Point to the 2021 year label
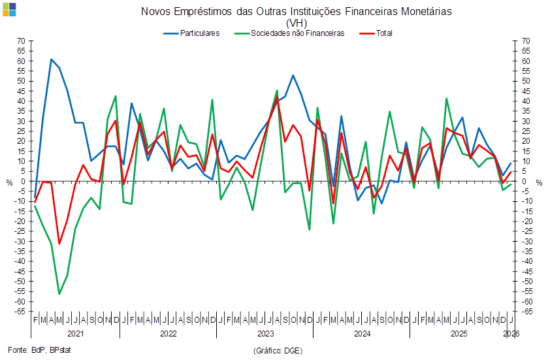[x=76, y=333]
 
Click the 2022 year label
[x=168, y=333]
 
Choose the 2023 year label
[x=265, y=333]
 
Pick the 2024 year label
[x=363, y=333]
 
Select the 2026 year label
[x=511, y=333]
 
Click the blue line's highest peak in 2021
[x=51, y=59]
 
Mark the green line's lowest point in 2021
[x=59, y=294]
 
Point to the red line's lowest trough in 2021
[x=59, y=244]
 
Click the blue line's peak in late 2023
[x=293, y=75]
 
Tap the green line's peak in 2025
[x=447, y=98]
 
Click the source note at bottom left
[x=39, y=351]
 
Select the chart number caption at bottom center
[x=277, y=351]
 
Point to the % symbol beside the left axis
[x=9, y=182]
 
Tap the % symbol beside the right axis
[x=539, y=182]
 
